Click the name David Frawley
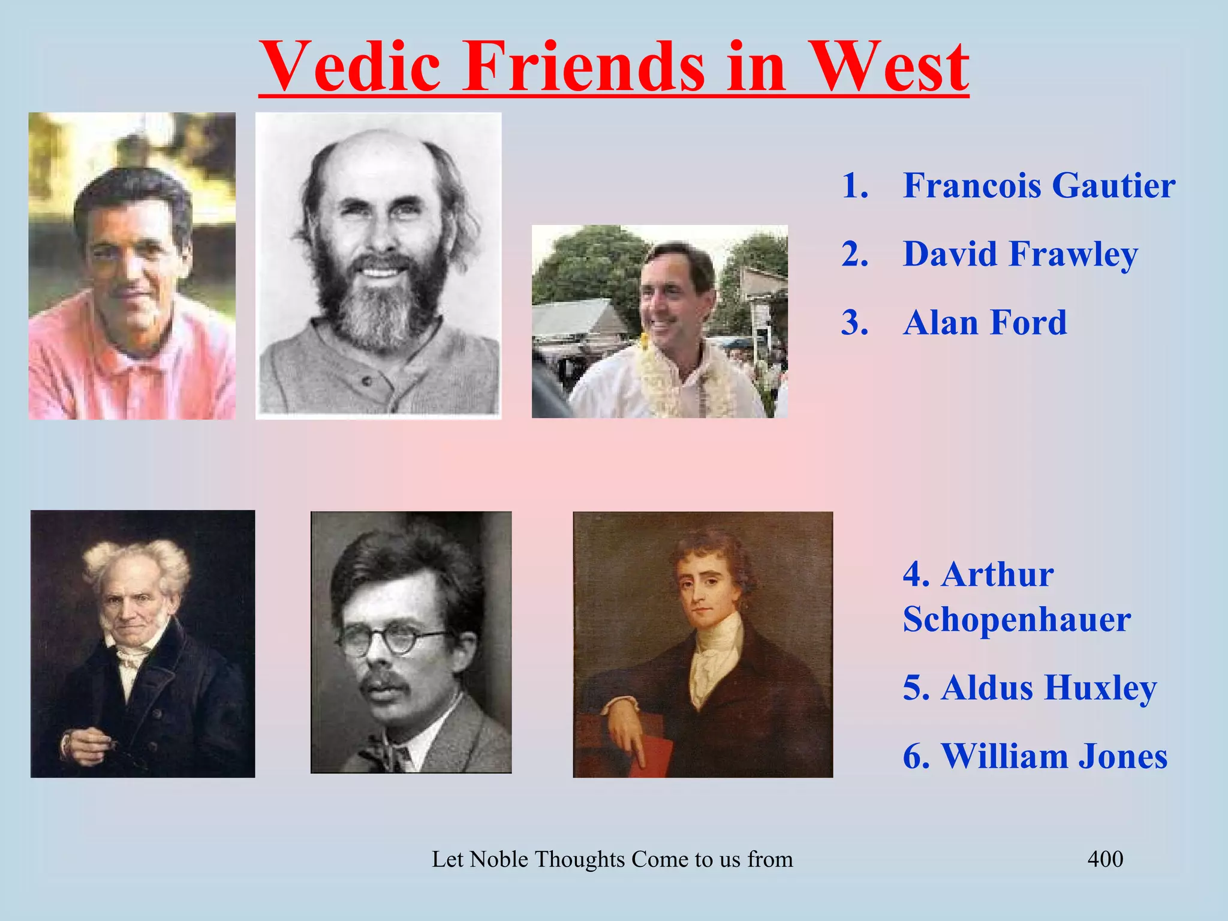[x=1021, y=254]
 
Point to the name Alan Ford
[x=985, y=323]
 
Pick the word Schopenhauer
[x=1017, y=619]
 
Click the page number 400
[x=1105, y=859]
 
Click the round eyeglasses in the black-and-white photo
[x=393, y=642]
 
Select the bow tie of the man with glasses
[x=384, y=750]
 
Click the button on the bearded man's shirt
[x=366, y=381]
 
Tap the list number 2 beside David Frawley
[x=854, y=254]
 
